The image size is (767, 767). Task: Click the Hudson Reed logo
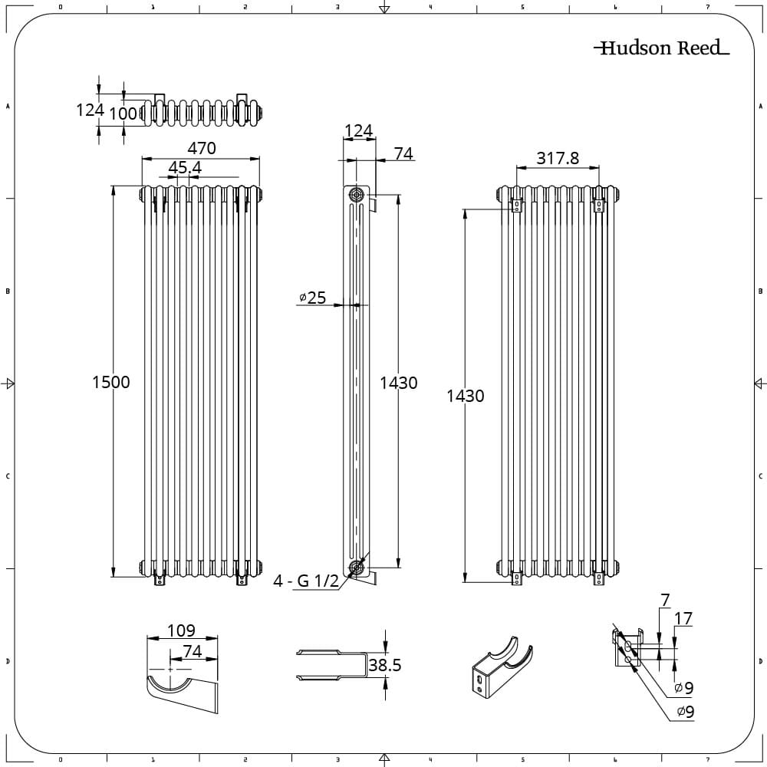tap(661, 48)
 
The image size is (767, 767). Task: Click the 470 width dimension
tap(202, 148)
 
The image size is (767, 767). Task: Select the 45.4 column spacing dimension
tap(185, 168)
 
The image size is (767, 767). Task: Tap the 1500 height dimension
tap(111, 382)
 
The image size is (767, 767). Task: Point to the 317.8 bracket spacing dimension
tap(558, 158)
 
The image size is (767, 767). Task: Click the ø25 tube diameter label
tap(313, 298)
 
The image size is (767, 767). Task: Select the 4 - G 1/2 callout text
tap(306, 581)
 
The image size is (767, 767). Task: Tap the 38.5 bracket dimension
tap(385, 665)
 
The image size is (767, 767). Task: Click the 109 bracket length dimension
tap(181, 630)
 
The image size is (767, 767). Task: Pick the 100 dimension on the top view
tap(123, 114)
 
